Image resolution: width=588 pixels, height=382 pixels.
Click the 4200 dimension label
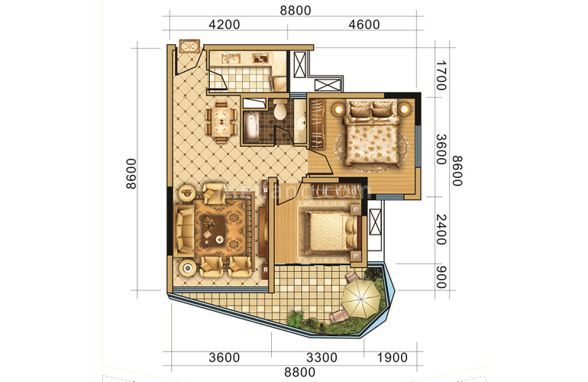225,24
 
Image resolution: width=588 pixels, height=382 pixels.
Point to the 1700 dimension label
441,77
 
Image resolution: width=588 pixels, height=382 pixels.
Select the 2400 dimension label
441,228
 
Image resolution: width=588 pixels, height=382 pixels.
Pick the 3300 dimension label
323,357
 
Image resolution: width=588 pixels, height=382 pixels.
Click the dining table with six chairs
220,121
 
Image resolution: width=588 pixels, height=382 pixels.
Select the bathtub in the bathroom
252,126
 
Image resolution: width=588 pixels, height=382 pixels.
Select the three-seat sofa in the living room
184,229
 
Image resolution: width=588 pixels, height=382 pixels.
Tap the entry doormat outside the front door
187,46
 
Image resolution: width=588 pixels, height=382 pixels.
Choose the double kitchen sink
227,58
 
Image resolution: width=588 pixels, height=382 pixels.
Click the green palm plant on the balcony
296,317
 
